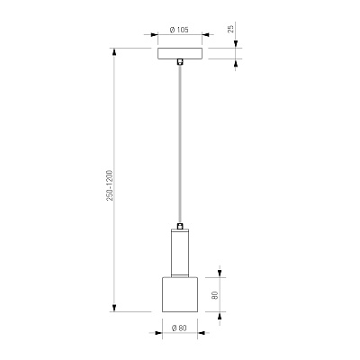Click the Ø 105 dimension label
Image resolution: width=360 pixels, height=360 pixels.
[179, 30]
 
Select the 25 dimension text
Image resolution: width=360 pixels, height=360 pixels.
[230, 29]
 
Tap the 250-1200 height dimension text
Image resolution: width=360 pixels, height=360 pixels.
[110, 185]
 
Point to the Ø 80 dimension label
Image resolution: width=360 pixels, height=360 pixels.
[179, 328]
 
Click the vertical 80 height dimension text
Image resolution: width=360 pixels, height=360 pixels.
[214, 295]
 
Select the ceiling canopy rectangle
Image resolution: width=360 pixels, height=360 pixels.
[180, 53]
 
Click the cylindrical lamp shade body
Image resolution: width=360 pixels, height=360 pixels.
[180, 294]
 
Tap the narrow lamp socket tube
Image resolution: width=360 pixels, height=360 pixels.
[180, 253]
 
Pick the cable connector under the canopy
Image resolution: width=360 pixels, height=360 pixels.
[180, 61]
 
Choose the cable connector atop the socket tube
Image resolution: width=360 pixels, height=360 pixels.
[180, 226]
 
